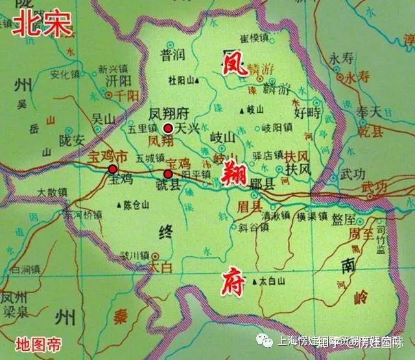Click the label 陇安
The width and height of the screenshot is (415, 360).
coord(72,140)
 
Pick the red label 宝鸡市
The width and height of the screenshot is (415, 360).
coord(90,157)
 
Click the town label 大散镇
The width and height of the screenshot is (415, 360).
coord(52,192)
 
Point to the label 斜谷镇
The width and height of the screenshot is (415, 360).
coord(252,228)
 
